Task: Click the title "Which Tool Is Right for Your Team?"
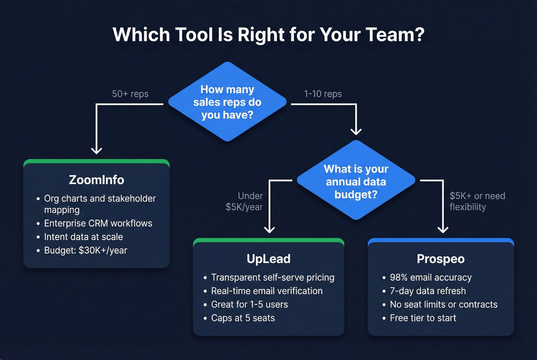point(268,35)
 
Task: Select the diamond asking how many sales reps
point(227,102)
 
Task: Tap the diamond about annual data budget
point(356,181)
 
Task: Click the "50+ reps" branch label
point(130,94)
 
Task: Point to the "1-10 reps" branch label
point(323,94)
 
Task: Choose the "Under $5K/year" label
point(244,202)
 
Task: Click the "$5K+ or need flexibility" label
point(477,202)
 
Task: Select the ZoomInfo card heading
point(96,180)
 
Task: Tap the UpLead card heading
point(268,259)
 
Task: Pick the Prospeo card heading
point(440,259)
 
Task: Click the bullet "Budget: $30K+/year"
point(86,250)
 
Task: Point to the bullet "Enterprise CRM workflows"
point(98,223)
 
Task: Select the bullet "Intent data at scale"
point(83,237)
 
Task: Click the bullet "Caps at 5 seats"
point(243,318)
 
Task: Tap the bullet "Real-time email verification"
point(267,291)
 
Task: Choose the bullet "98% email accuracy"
point(430,277)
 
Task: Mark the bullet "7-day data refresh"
point(428,291)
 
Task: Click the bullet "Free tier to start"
point(423,318)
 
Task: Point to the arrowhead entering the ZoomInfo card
point(96,151)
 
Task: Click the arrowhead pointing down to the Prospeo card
point(443,230)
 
